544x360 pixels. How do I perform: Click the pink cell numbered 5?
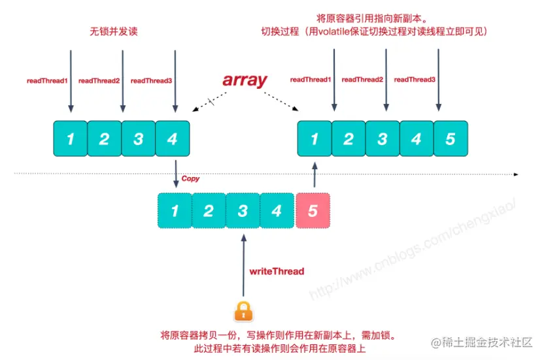313,210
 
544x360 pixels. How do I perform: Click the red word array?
245,80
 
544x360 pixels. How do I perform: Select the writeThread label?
277,270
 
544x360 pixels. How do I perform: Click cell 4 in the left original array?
173,139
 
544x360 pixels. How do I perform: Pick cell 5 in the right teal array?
450,139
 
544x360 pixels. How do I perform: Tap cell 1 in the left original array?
71,139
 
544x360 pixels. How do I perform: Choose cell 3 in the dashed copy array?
243,210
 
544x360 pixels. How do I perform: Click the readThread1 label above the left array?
47,81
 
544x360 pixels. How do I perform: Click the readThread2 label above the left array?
99,81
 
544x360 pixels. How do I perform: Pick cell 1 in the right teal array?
314,139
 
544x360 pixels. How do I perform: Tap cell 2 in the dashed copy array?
209,210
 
